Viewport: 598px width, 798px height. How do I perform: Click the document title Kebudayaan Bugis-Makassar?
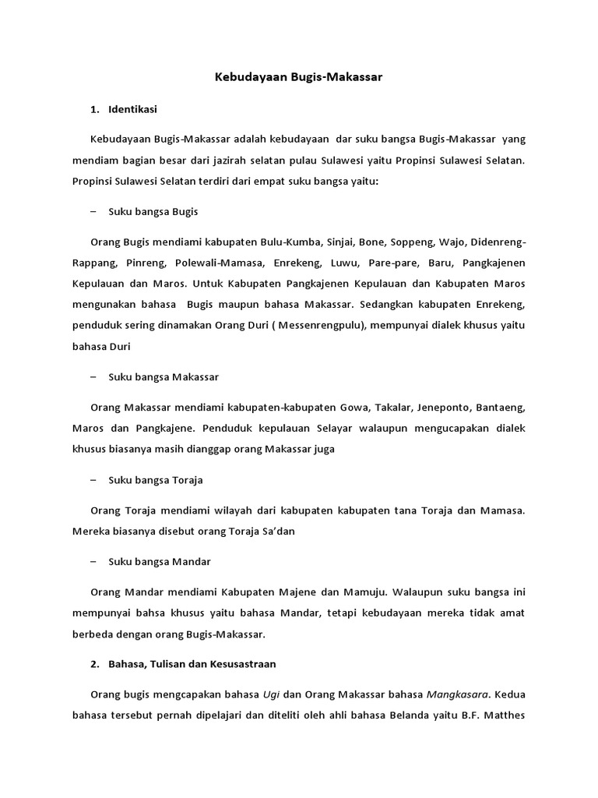click(299, 78)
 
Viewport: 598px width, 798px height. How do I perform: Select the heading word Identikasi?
click(133, 109)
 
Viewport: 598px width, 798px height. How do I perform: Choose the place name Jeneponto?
click(445, 407)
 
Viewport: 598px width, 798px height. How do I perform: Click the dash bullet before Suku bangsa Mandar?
click(93, 561)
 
